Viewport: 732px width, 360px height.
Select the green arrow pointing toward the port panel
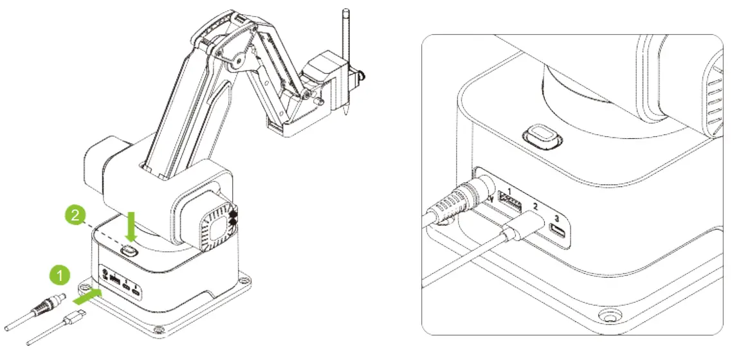[x=88, y=297]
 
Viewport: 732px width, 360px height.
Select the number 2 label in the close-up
[x=535, y=206]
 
